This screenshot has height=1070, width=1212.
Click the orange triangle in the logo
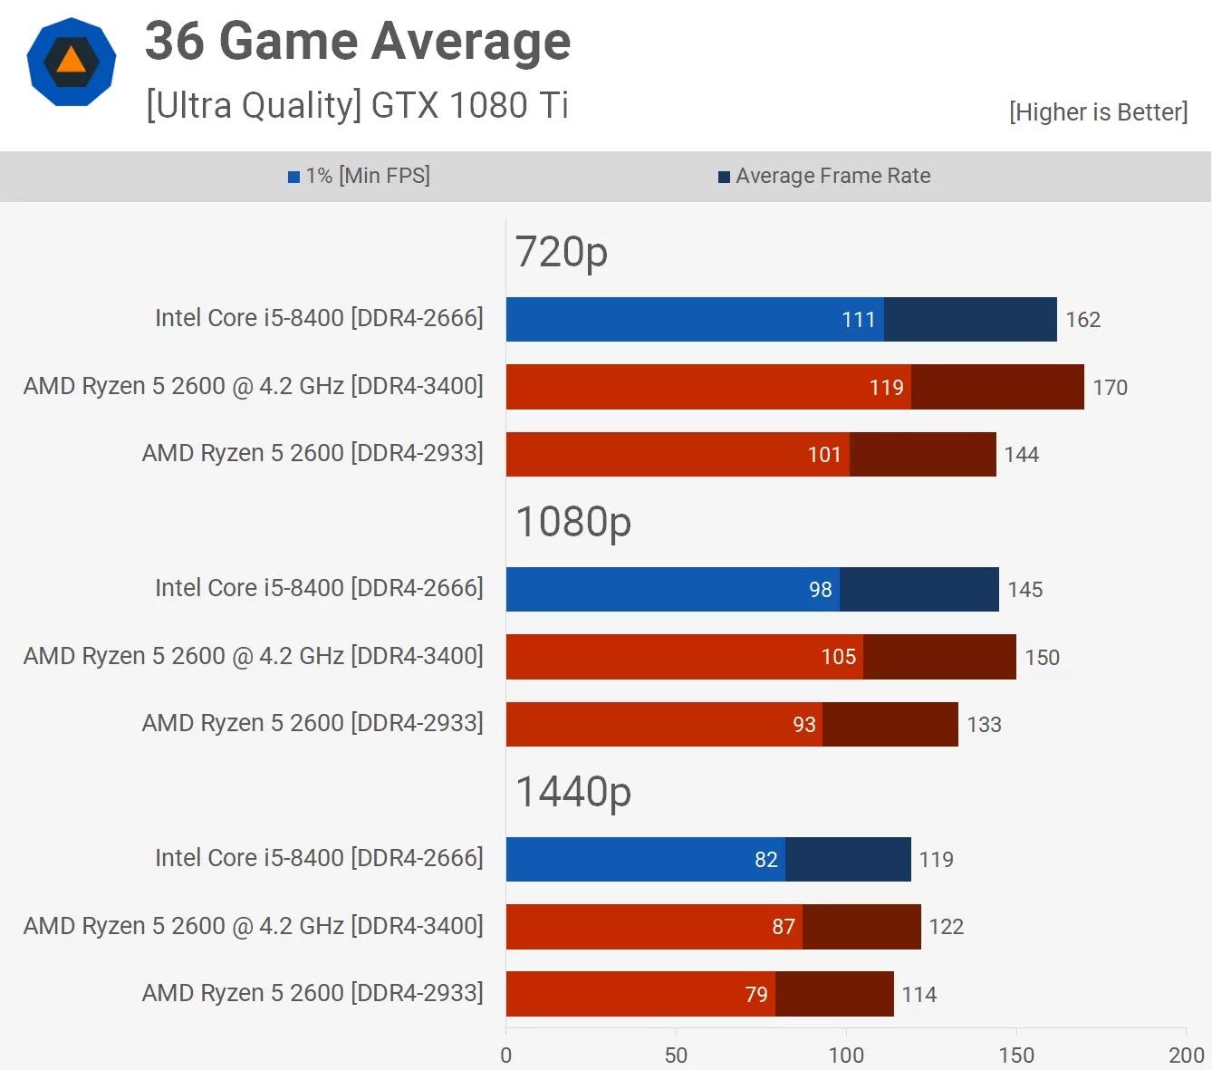71,61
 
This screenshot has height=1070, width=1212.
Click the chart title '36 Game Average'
358,42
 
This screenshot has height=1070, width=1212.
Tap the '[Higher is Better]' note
1098,112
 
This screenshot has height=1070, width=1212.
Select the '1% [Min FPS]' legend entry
360,176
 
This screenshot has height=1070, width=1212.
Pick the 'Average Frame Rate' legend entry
824,176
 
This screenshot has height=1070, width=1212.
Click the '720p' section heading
561,252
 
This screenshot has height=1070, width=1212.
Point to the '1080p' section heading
572,522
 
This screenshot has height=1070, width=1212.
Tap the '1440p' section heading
572,792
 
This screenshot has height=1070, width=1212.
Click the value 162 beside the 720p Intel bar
1082,320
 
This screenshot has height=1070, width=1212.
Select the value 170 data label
1110,388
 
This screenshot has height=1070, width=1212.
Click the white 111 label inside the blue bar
858,320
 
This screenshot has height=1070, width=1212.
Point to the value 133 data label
984,725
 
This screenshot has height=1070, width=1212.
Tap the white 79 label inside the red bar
756,995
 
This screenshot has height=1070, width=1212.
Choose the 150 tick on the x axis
1016,1056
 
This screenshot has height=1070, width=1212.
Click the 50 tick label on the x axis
676,1056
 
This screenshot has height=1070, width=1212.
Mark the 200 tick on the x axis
1186,1056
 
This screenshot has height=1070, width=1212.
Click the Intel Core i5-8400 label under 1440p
319,858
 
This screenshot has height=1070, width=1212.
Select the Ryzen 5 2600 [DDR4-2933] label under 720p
313,453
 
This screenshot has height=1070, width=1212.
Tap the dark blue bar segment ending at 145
919,590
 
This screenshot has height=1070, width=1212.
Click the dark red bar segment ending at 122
861,927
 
